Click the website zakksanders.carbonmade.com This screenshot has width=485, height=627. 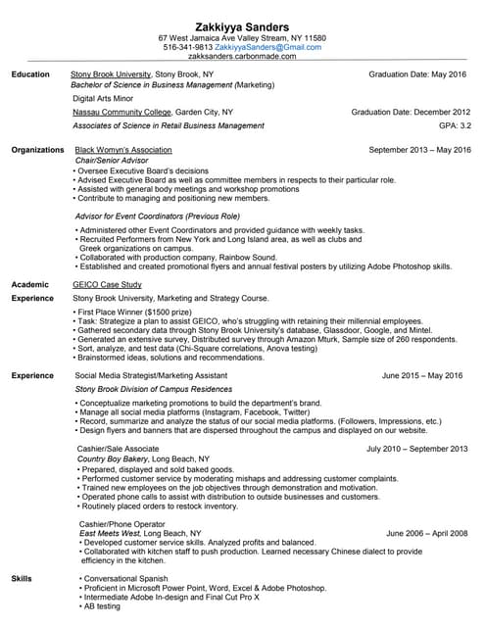tap(243, 57)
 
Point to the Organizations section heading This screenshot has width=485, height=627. tap(37, 150)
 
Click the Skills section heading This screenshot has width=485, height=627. tap(22, 580)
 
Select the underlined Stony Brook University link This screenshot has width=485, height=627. tap(111, 74)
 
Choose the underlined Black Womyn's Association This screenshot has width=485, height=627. tap(123, 150)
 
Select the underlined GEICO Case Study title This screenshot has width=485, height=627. tap(109, 284)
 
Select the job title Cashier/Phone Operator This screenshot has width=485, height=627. tap(117, 524)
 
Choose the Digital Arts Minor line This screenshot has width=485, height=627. tap(103, 99)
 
